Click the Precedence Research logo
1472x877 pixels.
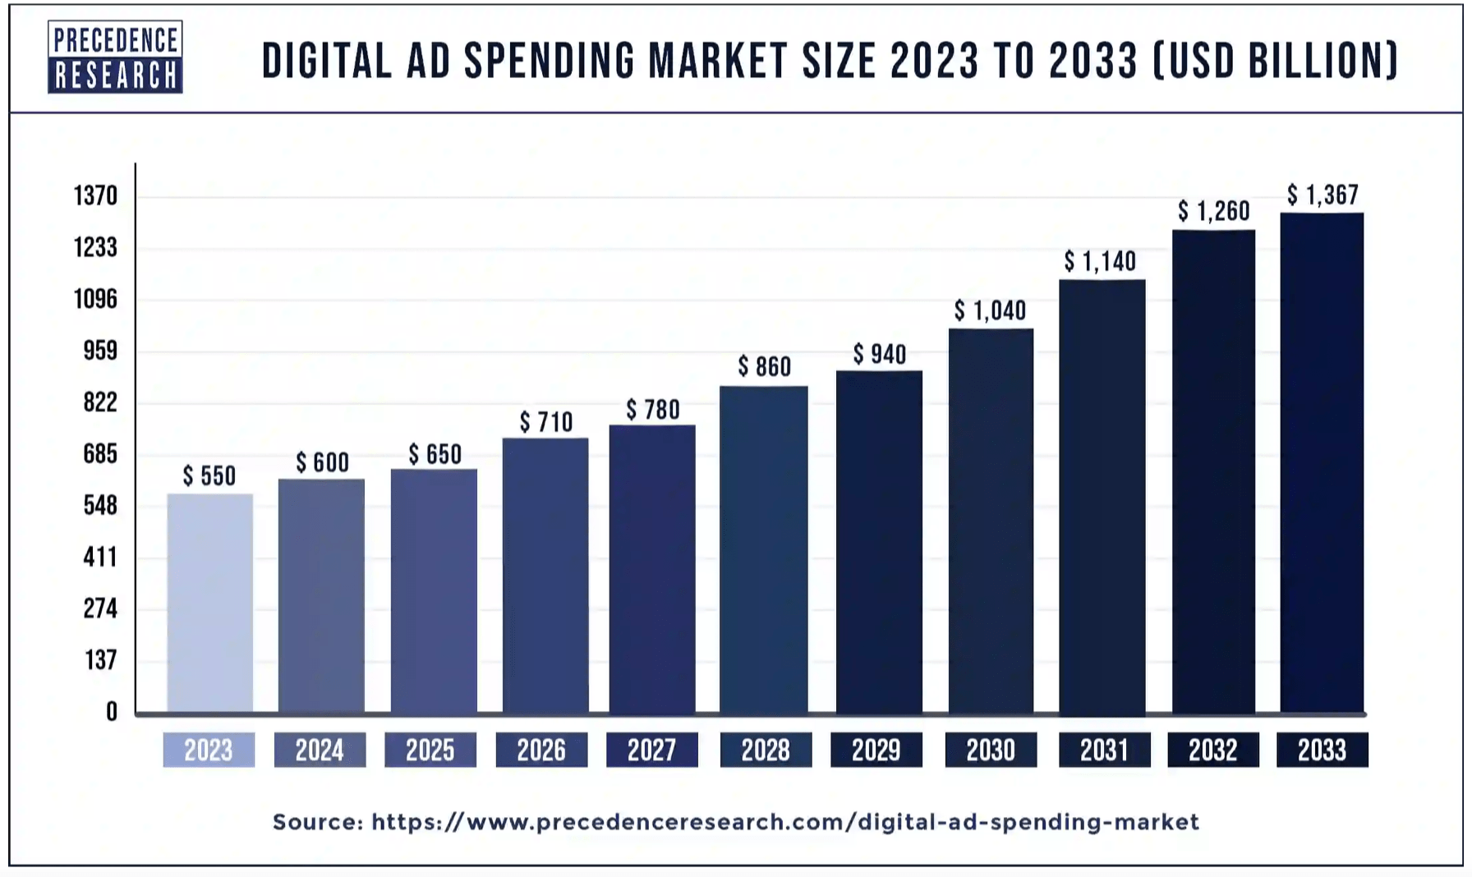(x=115, y=57)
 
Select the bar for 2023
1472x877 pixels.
(x=209, y=604)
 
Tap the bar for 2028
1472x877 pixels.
(x=763, y=550)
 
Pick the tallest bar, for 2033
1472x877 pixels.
(x=1321, y=464)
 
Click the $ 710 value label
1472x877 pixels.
(x=545, y=422)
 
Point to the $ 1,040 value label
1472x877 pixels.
(x=990, y=310)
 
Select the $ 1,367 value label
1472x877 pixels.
(x=1322, y=195)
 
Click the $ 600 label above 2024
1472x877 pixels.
(x=322, y=462)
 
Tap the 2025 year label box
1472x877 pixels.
(x=430, y=750)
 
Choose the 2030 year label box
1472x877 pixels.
(x=991, y=750)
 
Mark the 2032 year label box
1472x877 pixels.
(x=1213, y=750)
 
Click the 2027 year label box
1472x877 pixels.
(x=652, y=750)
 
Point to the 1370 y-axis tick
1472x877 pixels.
(x=95, y=196)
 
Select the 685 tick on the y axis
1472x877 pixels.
(x=100, y=454)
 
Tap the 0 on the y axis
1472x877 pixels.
(x=112, y=712)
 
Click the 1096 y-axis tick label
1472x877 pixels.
(x=95, y=299)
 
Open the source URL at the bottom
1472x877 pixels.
(x=784, y=822)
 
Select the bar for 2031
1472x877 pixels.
(x=1102, y=497)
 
